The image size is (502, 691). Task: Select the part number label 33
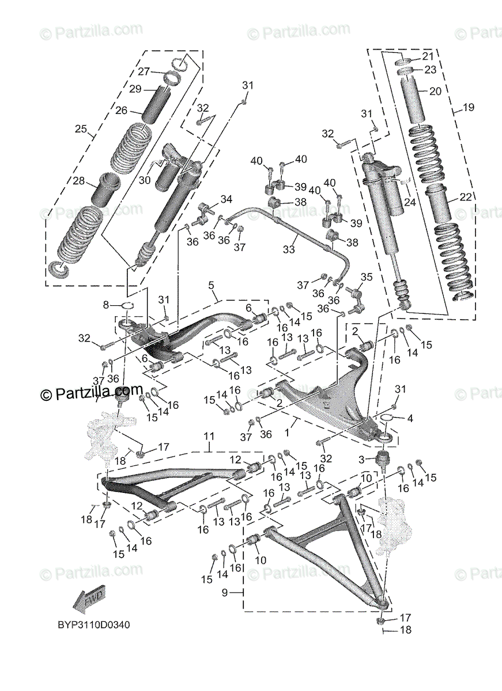[288, 249]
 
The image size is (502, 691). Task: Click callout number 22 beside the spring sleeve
[466, 198]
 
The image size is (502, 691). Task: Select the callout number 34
[226, 199]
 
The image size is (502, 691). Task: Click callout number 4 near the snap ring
[410, 418]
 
